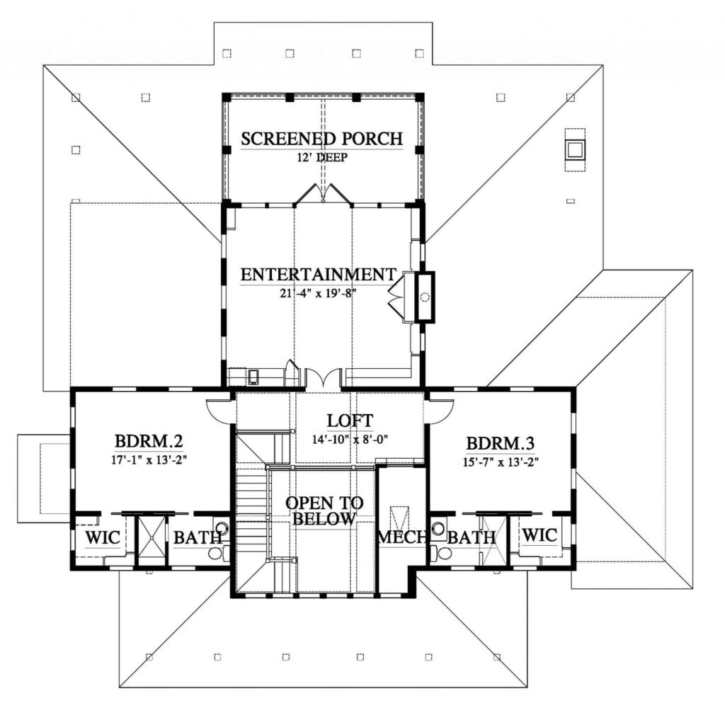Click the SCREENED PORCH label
pyautogui.click(x=322, y=138)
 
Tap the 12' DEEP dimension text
pyautogui.click(x=322, y=157)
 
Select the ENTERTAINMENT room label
pyautogui.click(x=318, y=274)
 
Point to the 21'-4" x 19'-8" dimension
pyautogui.click(x=318, y=292)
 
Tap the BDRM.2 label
pyautogui.click(x=149, y=442)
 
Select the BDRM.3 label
pyautogui.click(x=500, y=444)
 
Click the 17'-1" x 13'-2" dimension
pyautogui.click(x=149, y=459)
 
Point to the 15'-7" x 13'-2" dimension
pyautogui.click(x=500, y=461)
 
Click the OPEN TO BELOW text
pyautogui.click(x=325, y=510)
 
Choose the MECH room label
pyautogui.click(x=402, y=537)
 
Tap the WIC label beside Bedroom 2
pyautogui.click(x=102, y=537)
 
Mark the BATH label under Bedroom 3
pyautogui.click(x=472, y=538)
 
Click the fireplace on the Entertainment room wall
pyautogui.click(x=424, y=297)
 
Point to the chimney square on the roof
pyautogui.click(x=574, y=149)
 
